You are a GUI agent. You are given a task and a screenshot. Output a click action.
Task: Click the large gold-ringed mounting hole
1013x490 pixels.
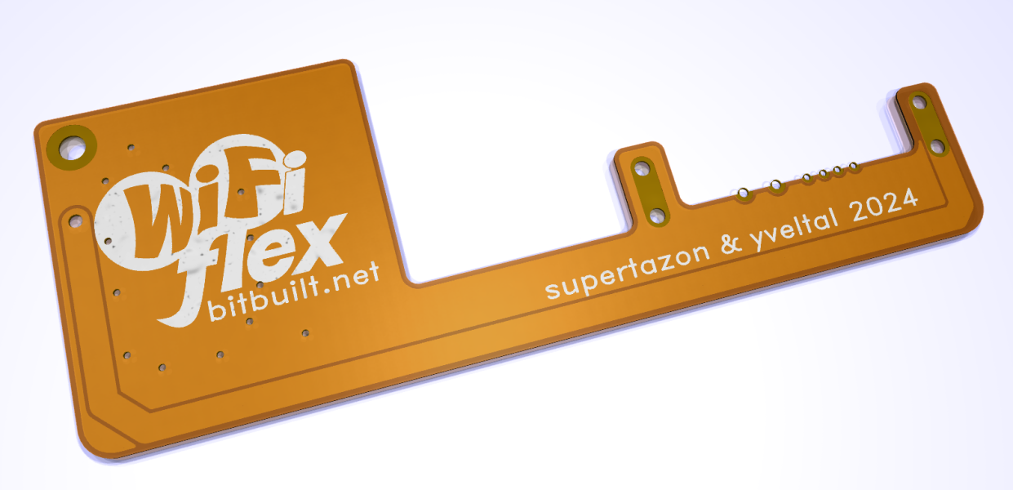[x=72, y=148]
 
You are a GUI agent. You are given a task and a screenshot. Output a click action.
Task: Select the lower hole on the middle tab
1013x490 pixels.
[x=657, y=215]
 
